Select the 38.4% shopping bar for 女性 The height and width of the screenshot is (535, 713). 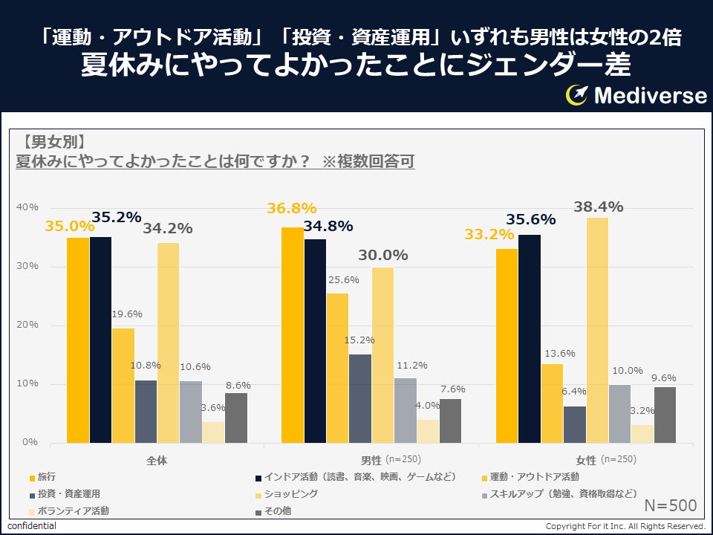[x=597, y=330]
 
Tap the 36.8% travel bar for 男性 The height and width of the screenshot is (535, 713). [x=292, y=334]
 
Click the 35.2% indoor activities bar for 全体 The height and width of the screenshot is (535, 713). [x=101, y=340]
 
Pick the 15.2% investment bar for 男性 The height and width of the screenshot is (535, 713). [x=359, y=398]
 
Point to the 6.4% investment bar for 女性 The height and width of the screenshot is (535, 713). [x=574, y=424]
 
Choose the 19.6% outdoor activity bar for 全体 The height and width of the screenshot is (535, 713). [x=123, y=385]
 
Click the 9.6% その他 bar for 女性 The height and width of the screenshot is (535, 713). [x=665, y=415]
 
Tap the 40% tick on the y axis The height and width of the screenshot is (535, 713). [x=27, y=207]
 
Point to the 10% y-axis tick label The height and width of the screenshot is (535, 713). [x=27, y=383]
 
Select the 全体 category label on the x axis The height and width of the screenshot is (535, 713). [x=157, y=460]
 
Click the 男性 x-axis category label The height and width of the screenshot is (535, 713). [x=371, y=460]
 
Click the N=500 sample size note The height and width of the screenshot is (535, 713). [x=670, y=506]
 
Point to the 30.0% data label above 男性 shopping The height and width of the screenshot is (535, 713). [x=383, y=255]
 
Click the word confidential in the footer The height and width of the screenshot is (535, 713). [x=32, y=526]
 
